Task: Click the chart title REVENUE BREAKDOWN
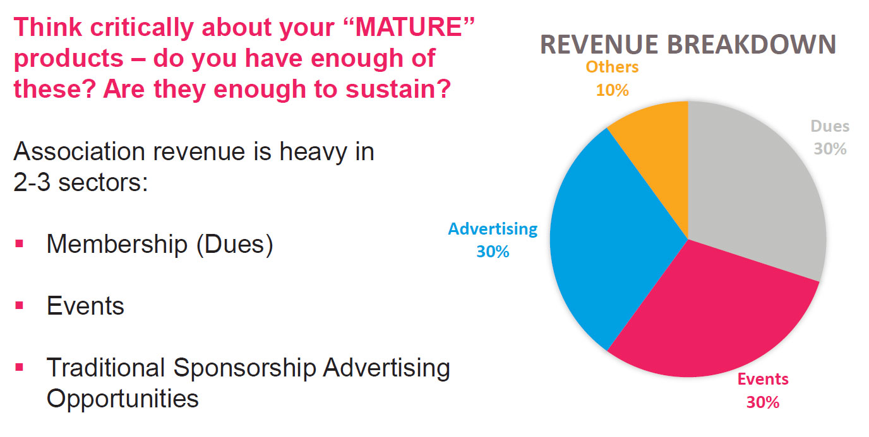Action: (688, 45)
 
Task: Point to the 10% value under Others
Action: (612, 90)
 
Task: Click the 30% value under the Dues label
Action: (830, 149)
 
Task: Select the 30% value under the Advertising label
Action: (493, 252)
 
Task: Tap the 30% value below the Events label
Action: (763, 402)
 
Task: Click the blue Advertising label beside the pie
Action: (493, 229)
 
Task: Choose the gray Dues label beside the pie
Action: (830, 126)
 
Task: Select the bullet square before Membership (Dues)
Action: (20, 243)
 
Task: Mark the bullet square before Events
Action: (20, 306)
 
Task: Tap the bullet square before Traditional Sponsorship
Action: (20, 367)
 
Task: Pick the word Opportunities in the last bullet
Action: (123, 399)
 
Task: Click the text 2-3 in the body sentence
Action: (32, 182)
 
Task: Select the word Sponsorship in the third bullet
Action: (245, 368)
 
